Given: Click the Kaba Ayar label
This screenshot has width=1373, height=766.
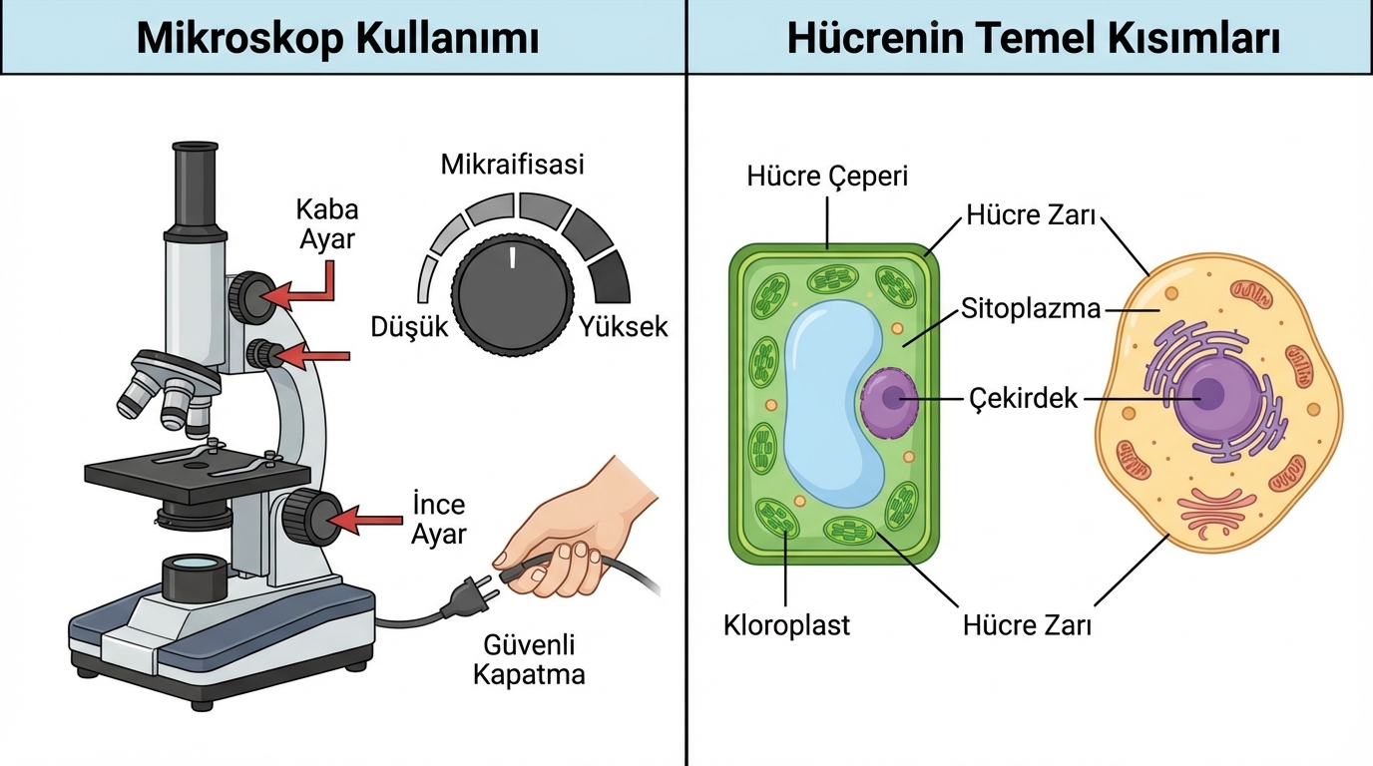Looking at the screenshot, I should click(x=327, y=224).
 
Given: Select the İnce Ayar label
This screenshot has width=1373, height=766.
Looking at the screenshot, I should click(x=439, y=519).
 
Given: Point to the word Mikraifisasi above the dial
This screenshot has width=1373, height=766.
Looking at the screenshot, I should click(x=512, y=165).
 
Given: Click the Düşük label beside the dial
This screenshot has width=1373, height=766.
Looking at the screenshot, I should click(x=410, y=327).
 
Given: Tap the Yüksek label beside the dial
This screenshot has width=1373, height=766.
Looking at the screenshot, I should click(x=624, y=327).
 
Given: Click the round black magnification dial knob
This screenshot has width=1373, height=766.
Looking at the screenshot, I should click(x=513, y=294).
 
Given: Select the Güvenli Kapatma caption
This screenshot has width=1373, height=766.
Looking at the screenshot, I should click(x=528, y=659).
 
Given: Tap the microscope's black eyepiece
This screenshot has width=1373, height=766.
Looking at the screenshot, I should click(x=195, y=186).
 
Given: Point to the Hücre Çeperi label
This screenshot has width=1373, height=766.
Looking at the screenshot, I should click(x=827, y=177).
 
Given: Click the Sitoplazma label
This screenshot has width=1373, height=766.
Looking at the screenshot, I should click(x=1031, y=308).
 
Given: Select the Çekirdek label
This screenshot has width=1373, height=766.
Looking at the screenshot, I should click(x=1024, y=398).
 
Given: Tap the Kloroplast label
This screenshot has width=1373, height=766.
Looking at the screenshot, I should click(x=786, y=625).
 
